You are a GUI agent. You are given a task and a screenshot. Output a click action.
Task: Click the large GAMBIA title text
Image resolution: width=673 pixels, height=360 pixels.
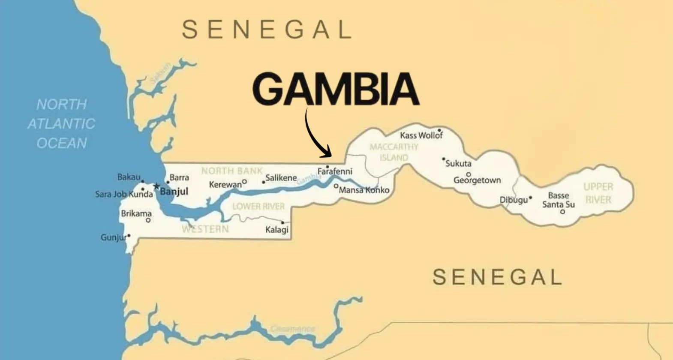[336, 90]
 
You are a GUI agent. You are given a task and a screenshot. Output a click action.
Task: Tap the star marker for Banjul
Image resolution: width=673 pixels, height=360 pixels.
[156, 186]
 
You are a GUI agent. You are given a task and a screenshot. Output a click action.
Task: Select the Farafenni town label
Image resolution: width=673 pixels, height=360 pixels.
[335, 172]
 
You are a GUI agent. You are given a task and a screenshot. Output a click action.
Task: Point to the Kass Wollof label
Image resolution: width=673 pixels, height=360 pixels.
[421, 135]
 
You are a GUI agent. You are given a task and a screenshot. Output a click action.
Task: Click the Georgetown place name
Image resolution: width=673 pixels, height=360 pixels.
[477, 180]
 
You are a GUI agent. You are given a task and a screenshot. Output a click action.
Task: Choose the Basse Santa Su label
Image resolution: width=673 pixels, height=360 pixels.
[558, 200]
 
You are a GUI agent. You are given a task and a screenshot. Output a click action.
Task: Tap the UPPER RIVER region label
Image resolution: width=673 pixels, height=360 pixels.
[598, 193]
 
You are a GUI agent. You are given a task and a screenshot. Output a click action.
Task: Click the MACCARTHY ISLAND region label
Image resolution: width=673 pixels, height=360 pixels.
[394, 152]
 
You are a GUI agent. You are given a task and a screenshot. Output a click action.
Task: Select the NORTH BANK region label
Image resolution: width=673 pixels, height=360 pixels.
[232, 171]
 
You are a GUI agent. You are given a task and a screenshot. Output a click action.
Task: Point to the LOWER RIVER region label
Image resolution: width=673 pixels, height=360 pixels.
[258, 207]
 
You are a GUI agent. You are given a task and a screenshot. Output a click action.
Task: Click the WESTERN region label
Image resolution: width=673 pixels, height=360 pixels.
[205, 229]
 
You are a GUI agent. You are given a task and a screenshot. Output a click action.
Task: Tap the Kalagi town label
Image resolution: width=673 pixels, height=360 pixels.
[277, 230]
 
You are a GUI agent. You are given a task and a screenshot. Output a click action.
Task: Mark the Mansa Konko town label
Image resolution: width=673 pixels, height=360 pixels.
[364, 190]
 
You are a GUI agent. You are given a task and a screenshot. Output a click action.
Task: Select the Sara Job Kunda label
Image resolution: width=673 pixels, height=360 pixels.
[124, 195]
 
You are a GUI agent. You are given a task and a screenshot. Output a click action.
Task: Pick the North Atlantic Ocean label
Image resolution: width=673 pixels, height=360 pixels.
[61, 123]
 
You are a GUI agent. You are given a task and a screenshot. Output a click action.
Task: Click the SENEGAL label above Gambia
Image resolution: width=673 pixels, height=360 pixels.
[267, 30]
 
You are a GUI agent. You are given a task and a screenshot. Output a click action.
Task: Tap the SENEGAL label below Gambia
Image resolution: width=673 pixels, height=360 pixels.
[497, 277]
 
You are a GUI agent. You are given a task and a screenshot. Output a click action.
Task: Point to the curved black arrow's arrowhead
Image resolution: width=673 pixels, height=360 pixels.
[328, 153]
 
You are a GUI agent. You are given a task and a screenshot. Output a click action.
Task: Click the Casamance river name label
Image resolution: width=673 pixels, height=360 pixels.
[293, 329]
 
